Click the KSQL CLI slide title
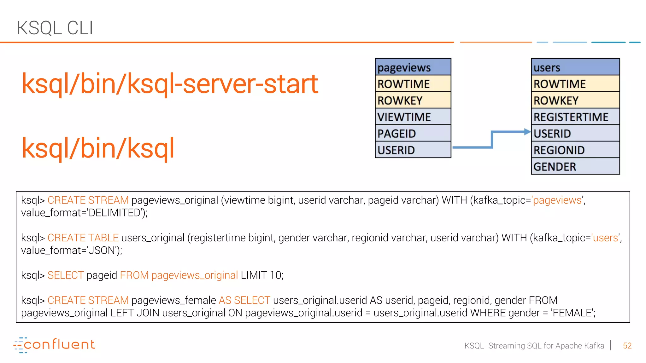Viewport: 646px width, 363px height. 55,28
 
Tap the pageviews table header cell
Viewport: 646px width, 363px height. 413,67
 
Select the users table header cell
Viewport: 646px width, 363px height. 575,67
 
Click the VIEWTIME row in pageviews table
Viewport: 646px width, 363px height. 413,117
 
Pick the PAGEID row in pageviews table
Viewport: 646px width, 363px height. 413,133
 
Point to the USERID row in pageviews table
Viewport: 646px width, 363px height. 413,150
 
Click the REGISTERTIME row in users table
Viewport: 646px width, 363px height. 575,117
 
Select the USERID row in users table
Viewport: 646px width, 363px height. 575,133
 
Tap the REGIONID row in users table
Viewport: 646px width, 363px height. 575,150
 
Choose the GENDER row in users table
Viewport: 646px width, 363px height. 575,166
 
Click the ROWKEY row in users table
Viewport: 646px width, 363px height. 575,100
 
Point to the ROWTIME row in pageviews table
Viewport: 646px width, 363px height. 413,84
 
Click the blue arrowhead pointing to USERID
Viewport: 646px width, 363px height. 527,132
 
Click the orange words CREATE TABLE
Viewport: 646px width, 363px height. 83,238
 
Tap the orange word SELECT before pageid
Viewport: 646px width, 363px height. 66,275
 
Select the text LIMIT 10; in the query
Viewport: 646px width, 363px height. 262,275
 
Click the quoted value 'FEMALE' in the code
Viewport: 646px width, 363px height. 572,313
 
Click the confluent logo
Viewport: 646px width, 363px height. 54,345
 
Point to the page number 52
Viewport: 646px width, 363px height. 627,346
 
